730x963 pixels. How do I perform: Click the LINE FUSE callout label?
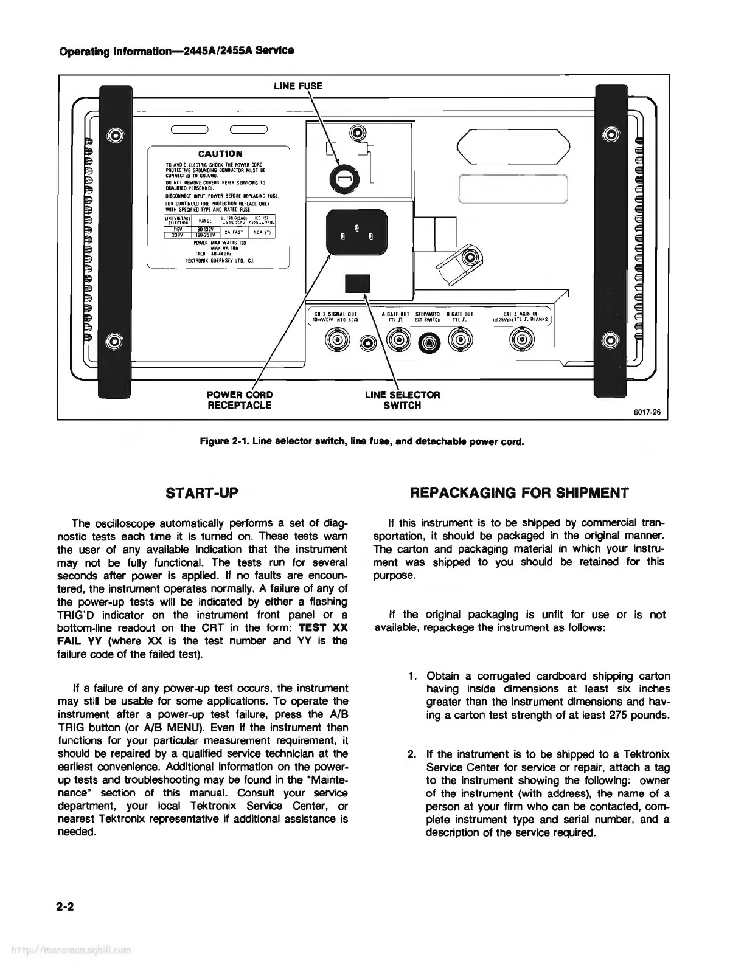pyautogui.click(x=297, y=86)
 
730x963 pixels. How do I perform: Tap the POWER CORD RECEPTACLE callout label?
pyautogui.click(x=240, y=399)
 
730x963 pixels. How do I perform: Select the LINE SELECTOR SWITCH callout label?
pyautogui.click(x=402, y=399)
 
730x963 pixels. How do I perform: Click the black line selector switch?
pyautogui.click(x=357, y=284)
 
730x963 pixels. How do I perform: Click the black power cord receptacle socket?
pyautogui.click(x=356, y=232)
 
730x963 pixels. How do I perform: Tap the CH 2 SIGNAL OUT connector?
pyautogui.click(x=336, y=339)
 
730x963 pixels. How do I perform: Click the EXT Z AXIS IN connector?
pyautogui.click(x=521, y=339)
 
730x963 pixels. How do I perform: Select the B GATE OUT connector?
pyautogui.click(x=459, y=339)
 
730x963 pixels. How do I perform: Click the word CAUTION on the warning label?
pyautogui.click(x=220, y=154)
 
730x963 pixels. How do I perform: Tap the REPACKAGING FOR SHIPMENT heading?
pyautogui.click(x=520, y=493)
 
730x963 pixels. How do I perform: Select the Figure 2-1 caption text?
pyautogui.click(x=362, y=442)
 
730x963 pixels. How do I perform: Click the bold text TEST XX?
pyautogui.click(x=324, y=627)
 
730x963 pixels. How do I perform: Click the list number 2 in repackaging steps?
pyautogui.click(x=412, y=755)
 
